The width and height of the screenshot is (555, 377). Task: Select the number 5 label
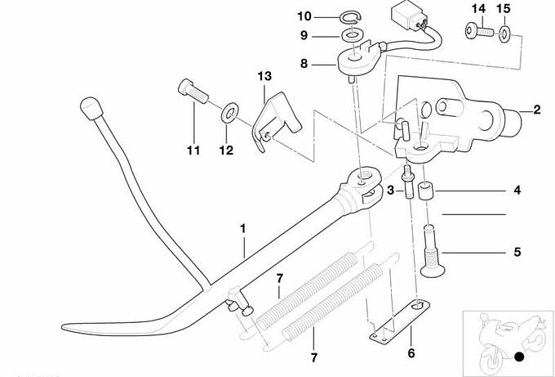pyautogui.click(x=517, y=252)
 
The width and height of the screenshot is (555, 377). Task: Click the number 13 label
pyautogui.click(x=264, y=76)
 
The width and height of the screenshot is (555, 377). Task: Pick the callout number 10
pyautogui.click(x=304, y=16)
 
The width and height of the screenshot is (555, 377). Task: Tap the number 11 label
pyautogui.click(x=193, y=150)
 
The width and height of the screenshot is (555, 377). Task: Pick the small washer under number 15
pyautogui.click(x=505, y=33)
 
